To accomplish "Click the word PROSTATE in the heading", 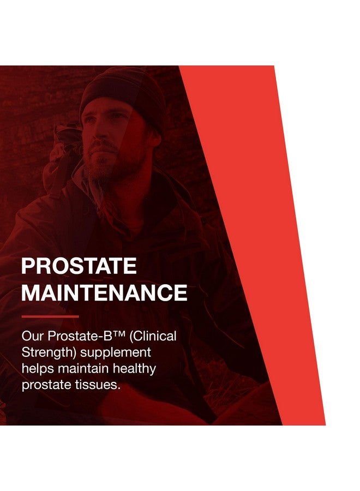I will (79, 266).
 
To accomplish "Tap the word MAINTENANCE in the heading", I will (104, 293).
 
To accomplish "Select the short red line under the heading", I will (50, 316).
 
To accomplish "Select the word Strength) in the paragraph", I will (46, 353).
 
